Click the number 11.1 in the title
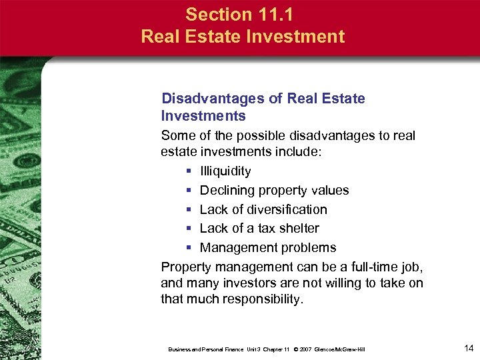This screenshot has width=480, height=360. (274, 14)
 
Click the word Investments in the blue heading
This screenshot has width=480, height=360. (203, 116)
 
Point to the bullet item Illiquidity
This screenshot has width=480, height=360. (225, 171)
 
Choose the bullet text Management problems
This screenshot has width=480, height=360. (268, 248)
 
